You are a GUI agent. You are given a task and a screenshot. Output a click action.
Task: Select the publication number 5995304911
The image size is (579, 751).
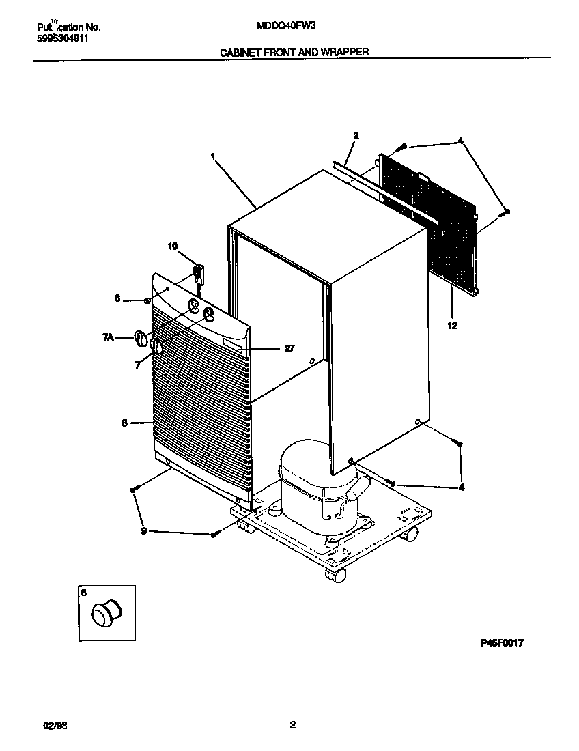(x=63, y=38)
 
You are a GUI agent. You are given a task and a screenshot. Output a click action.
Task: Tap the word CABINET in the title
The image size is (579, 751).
(x=239, y=52)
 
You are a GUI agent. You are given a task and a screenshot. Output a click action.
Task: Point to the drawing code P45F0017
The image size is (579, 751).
(x=503, y=642)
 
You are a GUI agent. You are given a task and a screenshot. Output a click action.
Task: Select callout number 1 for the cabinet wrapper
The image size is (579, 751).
(x=213, y=156)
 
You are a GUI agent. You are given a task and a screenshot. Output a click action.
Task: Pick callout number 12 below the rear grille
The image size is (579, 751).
(x=452, y=326)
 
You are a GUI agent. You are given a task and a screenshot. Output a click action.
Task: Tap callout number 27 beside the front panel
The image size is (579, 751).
(x=289, y=349)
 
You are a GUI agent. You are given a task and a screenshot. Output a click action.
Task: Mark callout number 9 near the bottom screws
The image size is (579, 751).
(x=143, y=531)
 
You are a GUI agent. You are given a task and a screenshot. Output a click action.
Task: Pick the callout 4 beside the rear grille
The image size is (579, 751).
(x=460, y=141)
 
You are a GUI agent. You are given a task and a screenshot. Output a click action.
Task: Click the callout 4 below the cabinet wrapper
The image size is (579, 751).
(x=462, y=487)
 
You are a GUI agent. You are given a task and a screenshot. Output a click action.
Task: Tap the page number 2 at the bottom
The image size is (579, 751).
(x=292, y=725)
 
